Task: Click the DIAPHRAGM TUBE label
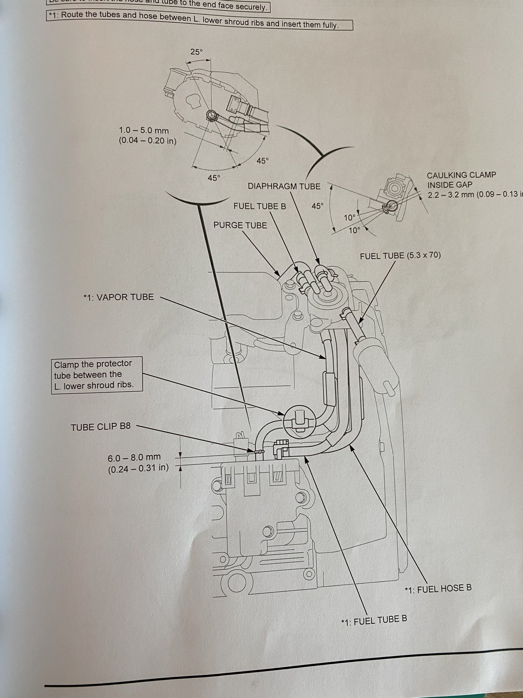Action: pyautogui.click(x=284, y=186)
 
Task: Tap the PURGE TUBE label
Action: pyautogui.click(x=240, y=225)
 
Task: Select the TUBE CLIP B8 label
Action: pyautogui.click(x=101, y=427)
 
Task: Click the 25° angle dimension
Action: pyautogui.click(x=196, y=52)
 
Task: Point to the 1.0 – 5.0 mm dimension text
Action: pyautogui.click(x=144, y=131)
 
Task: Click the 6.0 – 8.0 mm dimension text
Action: pyautogui.click(x=134, y=457)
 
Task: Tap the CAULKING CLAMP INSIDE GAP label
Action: pyautogui.click(x=461, y=180)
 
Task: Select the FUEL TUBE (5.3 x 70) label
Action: pyautogui.click(x=400, y=255)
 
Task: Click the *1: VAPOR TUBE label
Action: pyautogui.click(x=119, y=297)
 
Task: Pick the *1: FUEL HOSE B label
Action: pyautogui.click(x=438, y=588)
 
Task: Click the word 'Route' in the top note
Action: pyautogui.click(x=73, y=15)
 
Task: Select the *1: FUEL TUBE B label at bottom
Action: pyautogui.click(x=374, y=620)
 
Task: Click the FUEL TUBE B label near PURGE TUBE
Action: pyautogui.click(x=259, y=206)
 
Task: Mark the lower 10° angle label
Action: pyautogui.click(x=354, y=230)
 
